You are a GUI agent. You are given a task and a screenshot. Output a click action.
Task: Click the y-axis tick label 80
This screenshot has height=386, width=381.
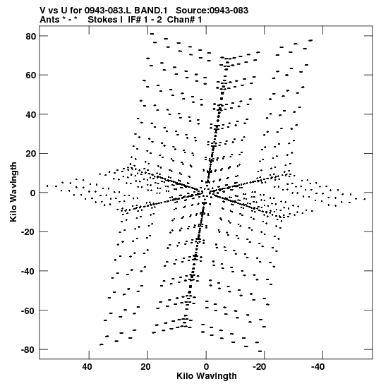point(31,36)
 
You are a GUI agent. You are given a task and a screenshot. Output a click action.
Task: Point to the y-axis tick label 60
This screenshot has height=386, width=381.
point(31,76)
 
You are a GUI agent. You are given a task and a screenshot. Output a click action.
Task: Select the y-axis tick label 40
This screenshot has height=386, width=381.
point(31,114)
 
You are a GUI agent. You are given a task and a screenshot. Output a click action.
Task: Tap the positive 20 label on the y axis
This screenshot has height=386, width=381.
point(31,154)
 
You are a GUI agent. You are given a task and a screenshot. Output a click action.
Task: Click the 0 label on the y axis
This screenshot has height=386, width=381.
point(33,193)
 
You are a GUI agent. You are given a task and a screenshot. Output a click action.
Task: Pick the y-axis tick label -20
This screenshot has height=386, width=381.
point(29,232)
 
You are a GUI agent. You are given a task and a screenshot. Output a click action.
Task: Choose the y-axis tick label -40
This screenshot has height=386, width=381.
point(29,271)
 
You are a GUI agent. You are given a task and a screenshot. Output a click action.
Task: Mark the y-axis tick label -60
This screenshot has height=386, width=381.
point(29,310)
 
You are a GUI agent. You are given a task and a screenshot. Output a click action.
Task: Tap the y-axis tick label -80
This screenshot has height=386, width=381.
point(29,350)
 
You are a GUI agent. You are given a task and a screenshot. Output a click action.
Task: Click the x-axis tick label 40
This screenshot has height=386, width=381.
point(87,367)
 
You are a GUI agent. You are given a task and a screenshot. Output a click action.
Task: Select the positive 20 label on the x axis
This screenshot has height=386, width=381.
point(146,367)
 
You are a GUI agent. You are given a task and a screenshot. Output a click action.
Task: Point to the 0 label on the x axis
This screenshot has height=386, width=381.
point(206,367)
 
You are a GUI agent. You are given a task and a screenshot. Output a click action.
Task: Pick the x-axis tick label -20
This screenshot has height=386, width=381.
point(259,367)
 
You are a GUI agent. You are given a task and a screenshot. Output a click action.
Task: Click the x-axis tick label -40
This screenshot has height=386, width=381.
point(317,367)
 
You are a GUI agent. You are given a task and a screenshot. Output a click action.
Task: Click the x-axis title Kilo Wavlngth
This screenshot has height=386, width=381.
point(207,376)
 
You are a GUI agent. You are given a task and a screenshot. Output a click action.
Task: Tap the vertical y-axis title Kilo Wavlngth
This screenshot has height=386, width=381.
point(13,192)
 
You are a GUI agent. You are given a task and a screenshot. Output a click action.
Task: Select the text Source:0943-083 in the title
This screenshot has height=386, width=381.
point(212,11)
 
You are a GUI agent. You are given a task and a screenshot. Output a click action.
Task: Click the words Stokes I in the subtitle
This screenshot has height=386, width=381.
point(105,20)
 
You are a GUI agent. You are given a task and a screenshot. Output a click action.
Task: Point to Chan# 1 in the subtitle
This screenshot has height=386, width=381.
point(184,20)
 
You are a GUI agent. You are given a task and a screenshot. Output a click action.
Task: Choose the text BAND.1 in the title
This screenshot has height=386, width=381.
point(150,11)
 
